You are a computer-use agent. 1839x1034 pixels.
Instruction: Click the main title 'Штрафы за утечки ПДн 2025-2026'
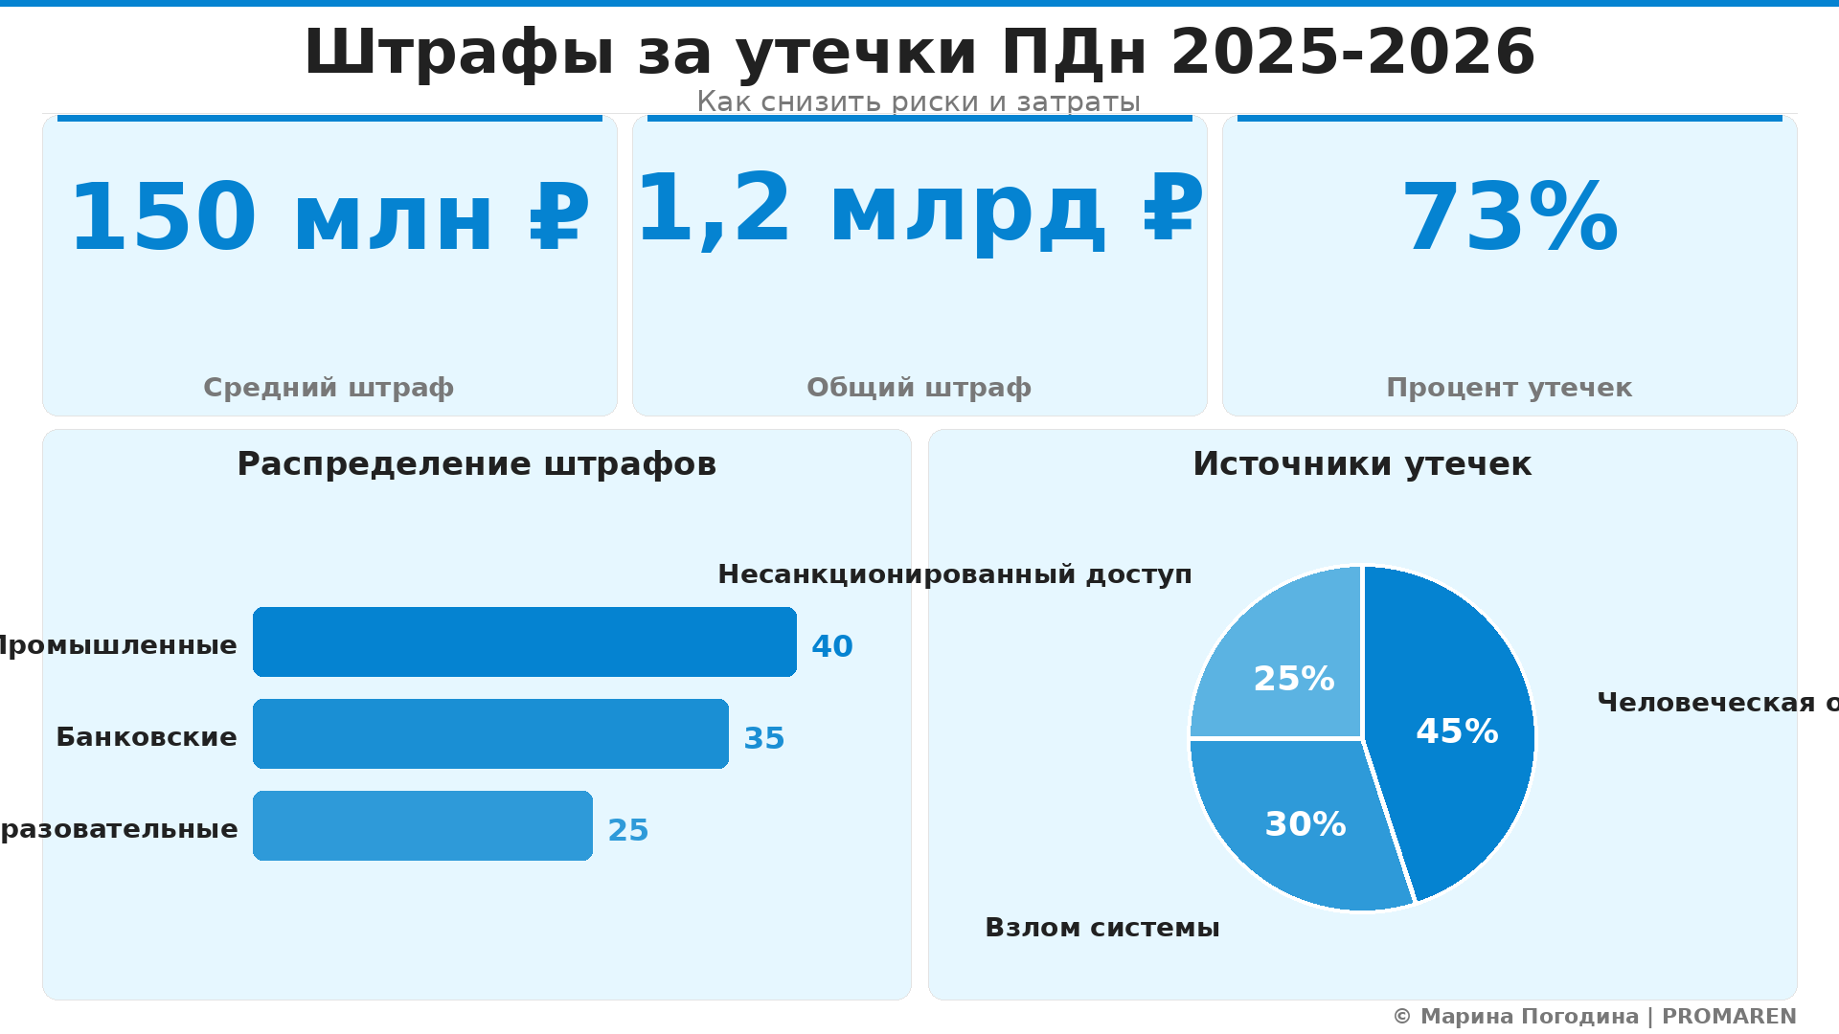coord(919,52)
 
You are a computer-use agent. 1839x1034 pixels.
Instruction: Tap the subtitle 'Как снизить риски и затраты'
coord(919,101)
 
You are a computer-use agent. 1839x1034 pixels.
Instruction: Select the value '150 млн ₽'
coord(329,219)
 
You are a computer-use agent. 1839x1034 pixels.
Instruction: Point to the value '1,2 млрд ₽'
coord(919,210)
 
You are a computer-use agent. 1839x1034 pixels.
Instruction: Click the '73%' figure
coord(1510,219)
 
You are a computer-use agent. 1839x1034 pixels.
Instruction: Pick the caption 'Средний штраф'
coord(329,388)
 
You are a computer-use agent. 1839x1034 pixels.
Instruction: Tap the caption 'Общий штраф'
coord(919,388)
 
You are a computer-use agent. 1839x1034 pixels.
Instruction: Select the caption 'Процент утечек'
coord(1509,388)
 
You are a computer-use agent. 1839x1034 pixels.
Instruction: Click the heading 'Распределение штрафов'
coord(476,464)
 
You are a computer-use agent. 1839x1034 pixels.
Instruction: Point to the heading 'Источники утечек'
coord(1362,464)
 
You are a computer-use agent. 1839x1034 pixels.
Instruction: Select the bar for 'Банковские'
coord(490,733)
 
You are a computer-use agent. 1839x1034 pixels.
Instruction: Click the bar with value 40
coord(524,641)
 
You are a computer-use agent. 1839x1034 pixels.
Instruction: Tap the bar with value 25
coord(422,825)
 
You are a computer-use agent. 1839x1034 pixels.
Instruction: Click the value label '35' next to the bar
coord(763,738)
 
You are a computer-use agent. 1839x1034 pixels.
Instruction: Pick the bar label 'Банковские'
coord(147,737)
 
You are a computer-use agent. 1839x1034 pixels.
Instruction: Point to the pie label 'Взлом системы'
coord(1101,928)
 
